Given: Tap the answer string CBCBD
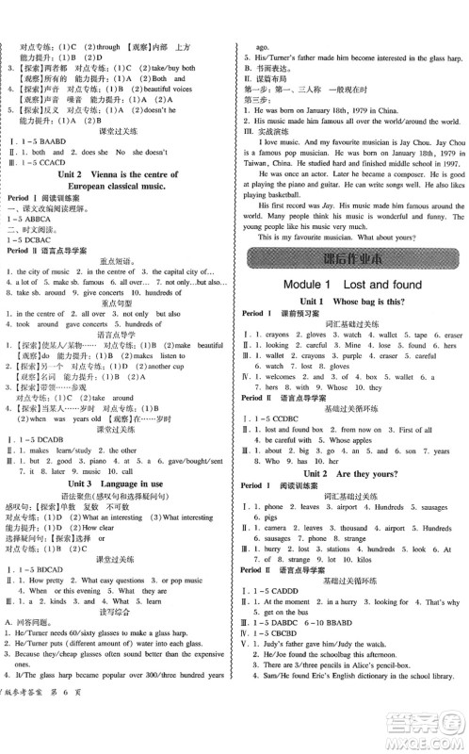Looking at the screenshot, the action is click(x=294, y=645).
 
